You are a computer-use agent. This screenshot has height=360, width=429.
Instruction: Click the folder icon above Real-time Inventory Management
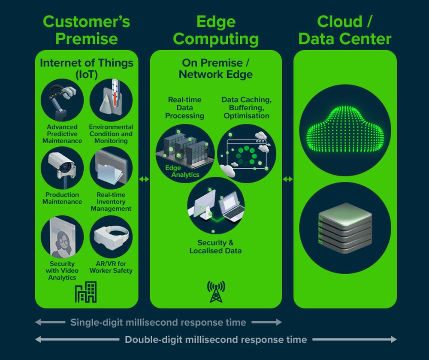[111, 168]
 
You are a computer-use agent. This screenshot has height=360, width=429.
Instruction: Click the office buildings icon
[86, 293]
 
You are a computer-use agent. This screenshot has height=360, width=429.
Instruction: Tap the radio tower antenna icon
[216, 292]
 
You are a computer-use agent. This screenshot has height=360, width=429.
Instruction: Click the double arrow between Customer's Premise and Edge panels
[144, 179]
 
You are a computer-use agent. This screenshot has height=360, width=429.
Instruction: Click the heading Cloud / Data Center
[345, 30]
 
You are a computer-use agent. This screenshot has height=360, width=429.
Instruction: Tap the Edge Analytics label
[182, 171]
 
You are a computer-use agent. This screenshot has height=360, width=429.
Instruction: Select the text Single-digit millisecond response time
[158, 322]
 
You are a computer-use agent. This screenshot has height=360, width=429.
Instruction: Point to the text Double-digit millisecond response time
[216, 340]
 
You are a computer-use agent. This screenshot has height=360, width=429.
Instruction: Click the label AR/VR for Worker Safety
[111, 267]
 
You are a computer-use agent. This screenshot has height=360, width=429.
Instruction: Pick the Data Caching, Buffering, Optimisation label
[246, 108]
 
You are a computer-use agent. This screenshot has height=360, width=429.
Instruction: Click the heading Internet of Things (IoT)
[87, 68]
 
